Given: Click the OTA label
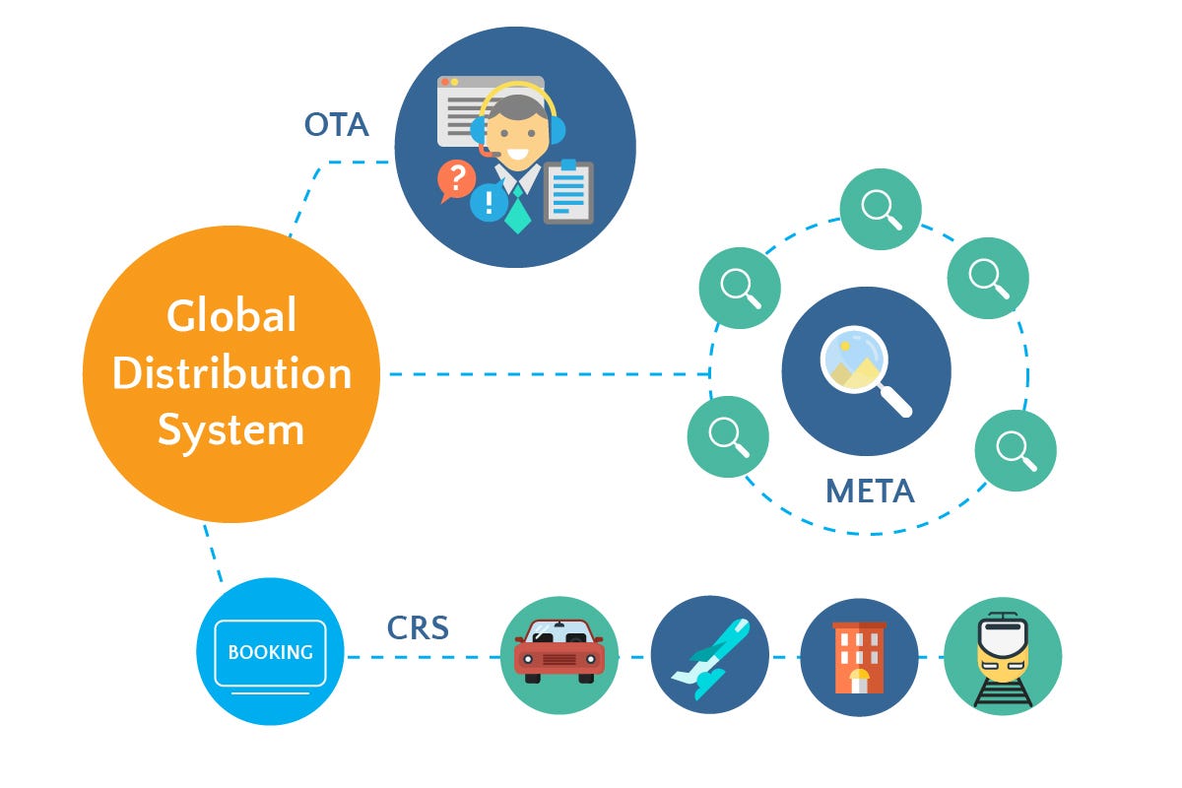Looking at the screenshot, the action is point(336,126).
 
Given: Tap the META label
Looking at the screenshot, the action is point(870,490).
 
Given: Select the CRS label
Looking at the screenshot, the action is point(418,627).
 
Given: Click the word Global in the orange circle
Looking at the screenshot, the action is point(231,316).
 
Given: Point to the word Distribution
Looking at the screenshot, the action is point(231,373).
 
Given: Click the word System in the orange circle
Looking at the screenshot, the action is point(231,430).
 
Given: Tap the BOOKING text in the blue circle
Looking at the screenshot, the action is point(270,652).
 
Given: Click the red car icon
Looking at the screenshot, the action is point(558,651).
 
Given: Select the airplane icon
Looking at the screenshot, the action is point(709,654).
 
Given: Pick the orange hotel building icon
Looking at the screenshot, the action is point(858,656).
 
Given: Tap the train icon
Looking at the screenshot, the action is point(1003,656).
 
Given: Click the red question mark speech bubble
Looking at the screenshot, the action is point(456,180).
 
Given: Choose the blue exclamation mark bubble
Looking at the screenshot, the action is point(489,203).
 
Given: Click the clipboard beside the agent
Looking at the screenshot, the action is point(568,191).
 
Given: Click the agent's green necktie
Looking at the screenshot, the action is point(517,209).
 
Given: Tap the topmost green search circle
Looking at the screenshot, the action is point(880,209).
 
